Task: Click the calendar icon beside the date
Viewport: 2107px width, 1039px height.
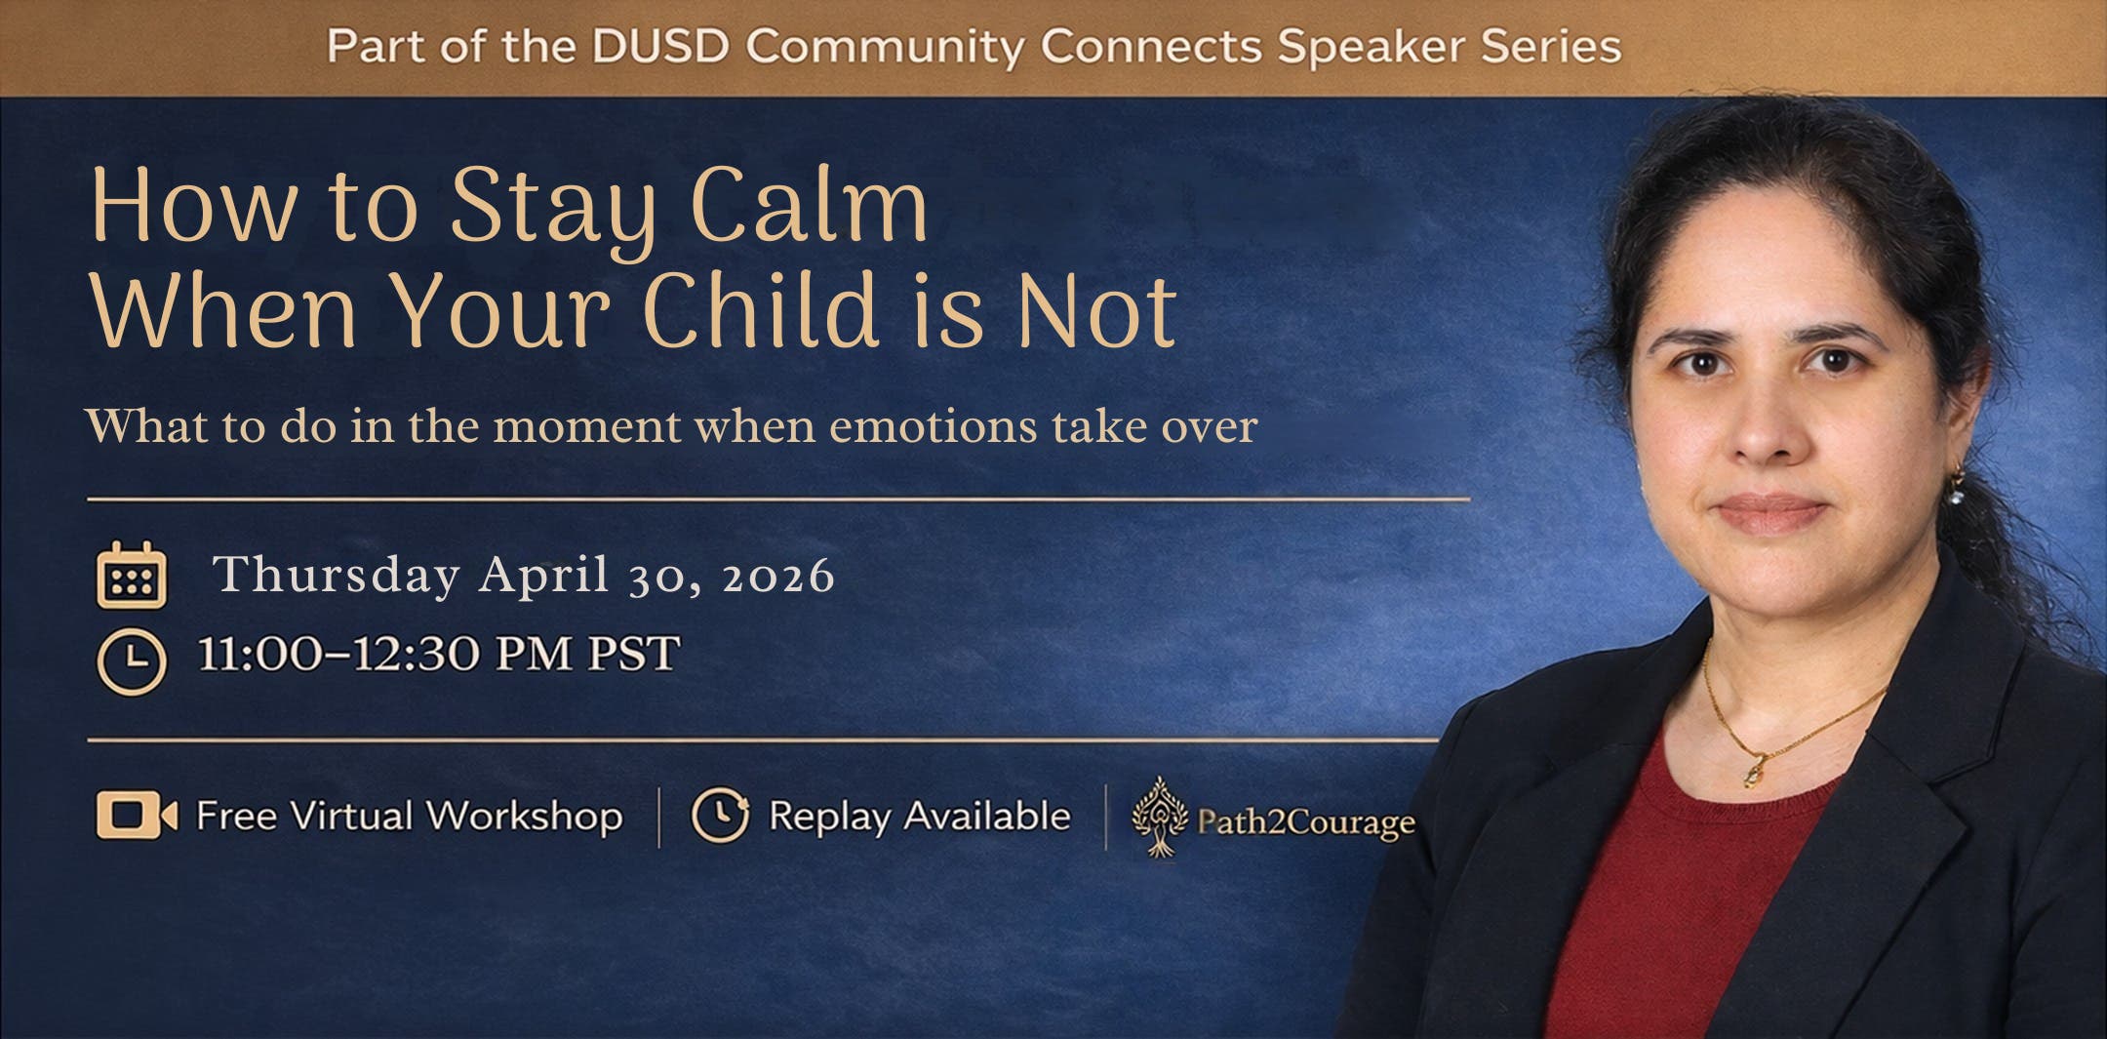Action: (132, 577)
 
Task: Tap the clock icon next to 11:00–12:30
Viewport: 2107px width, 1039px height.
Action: (132, 662)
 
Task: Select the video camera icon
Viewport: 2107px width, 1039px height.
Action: (136, 815)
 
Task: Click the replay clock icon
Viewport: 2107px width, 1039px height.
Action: (720, 815)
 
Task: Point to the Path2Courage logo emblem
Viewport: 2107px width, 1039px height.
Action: (1159, 817)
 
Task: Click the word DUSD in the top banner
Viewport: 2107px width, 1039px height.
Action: (660, 47)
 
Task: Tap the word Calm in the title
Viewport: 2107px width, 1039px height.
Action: (809, 206)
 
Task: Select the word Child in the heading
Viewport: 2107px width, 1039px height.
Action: (760, 311)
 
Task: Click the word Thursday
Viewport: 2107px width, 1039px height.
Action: (337, 575)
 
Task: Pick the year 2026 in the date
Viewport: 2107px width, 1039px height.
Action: (777, 577)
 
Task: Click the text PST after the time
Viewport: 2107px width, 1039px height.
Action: (633, 654)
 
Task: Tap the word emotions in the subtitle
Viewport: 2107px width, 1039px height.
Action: (933, 427)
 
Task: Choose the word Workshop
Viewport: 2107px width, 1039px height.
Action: (525, 817)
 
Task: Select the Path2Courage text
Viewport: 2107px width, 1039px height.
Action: (1305, 822)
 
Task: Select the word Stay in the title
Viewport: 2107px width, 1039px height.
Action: (553, 208)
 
